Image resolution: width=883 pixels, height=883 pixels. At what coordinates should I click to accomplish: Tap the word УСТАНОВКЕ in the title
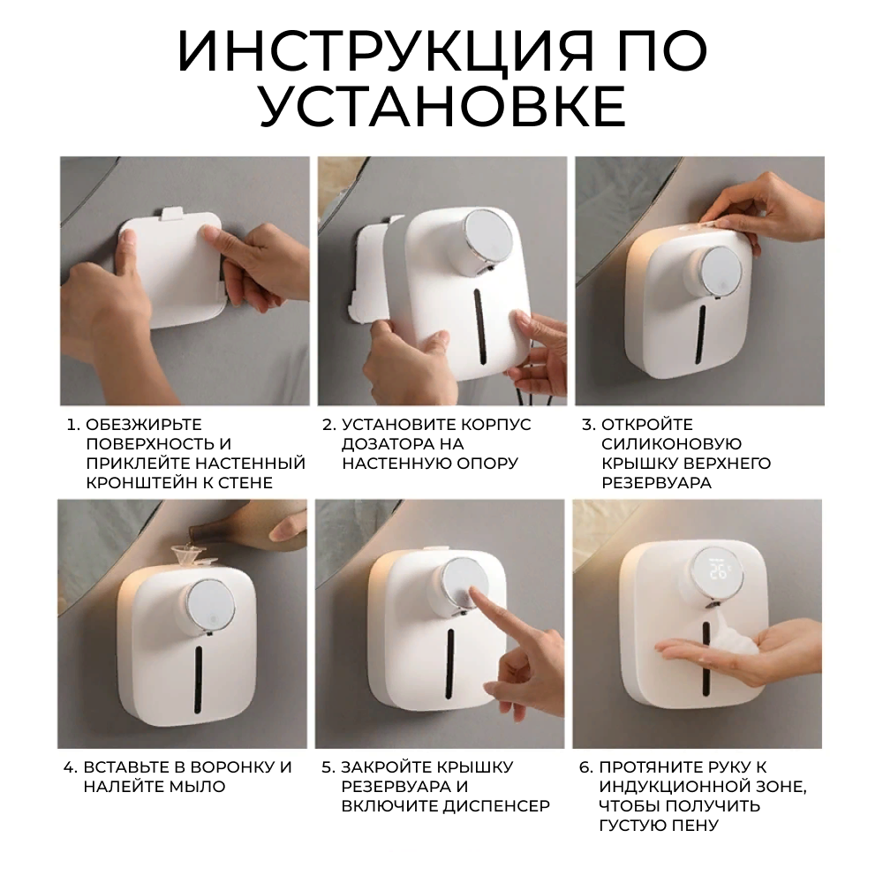[x=442, y=106]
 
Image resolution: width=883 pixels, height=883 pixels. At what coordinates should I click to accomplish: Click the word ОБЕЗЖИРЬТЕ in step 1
[x=144, y=425]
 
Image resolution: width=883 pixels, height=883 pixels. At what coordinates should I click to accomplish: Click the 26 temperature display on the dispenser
[x=721, y=573]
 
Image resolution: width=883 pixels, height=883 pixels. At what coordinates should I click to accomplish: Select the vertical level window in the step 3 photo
[x=701, y=334]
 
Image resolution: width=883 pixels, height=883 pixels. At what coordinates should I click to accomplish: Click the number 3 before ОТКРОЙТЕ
[x=586, y=425]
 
